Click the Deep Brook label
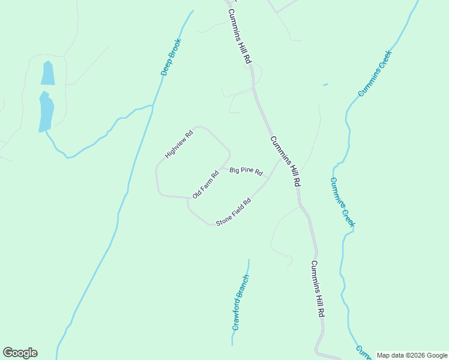[x=170, y=57]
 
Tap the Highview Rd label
[x=179, y=145]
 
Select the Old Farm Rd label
[x=206, y=185]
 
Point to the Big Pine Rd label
[x=247, y=171]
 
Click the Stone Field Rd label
[x=233, y=211]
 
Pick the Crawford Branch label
[x=240, y=302]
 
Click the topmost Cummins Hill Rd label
[x=238, y=37]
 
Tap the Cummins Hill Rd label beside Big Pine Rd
[x=285, y=161]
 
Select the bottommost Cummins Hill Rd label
[x=319, y=289]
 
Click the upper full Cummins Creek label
[x=375, y=73]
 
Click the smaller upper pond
[x=47, y=73]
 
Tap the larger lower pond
[x=46, y=111]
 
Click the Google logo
[x=20, y=353]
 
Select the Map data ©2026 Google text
[x=412, y=355]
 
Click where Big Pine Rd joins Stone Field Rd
[x=267, y=179]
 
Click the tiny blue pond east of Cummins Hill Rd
[x=325, y=85]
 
